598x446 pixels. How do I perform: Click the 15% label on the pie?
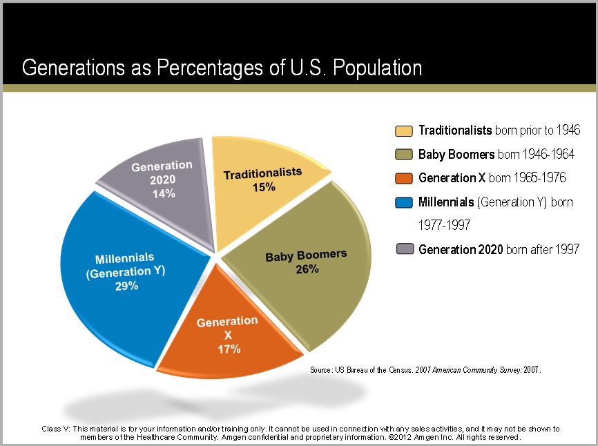click(263, 187)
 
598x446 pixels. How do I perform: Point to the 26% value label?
click(307, 269)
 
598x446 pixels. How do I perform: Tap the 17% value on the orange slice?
click(228, 349)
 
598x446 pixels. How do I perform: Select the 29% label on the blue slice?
click(126, 286)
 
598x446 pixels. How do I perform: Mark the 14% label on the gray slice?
click(163, 194)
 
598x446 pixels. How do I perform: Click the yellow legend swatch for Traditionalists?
click(404, 130)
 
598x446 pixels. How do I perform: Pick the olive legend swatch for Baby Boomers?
click(404, 154)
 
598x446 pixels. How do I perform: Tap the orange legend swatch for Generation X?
click(404, 178)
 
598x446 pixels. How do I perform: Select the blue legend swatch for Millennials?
click(404, 202)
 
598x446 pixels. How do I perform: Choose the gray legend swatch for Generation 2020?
click(404, 249)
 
